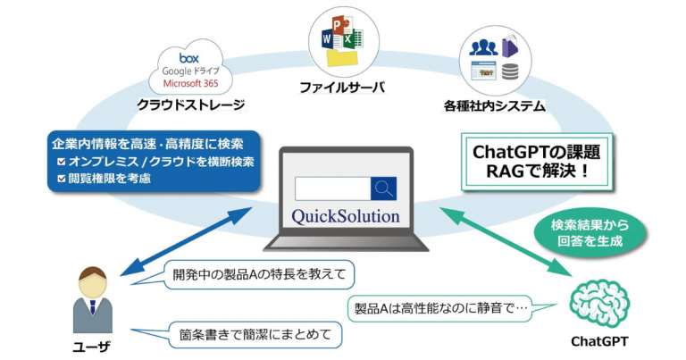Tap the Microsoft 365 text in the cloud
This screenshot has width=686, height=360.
(191, 83)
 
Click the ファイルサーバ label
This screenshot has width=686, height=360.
(343, 88)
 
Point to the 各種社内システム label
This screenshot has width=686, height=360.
(494, 106)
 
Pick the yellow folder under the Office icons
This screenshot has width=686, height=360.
(344, 57)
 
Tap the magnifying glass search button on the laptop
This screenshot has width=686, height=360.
(384, 188)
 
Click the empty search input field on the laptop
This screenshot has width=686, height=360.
(332, 188)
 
